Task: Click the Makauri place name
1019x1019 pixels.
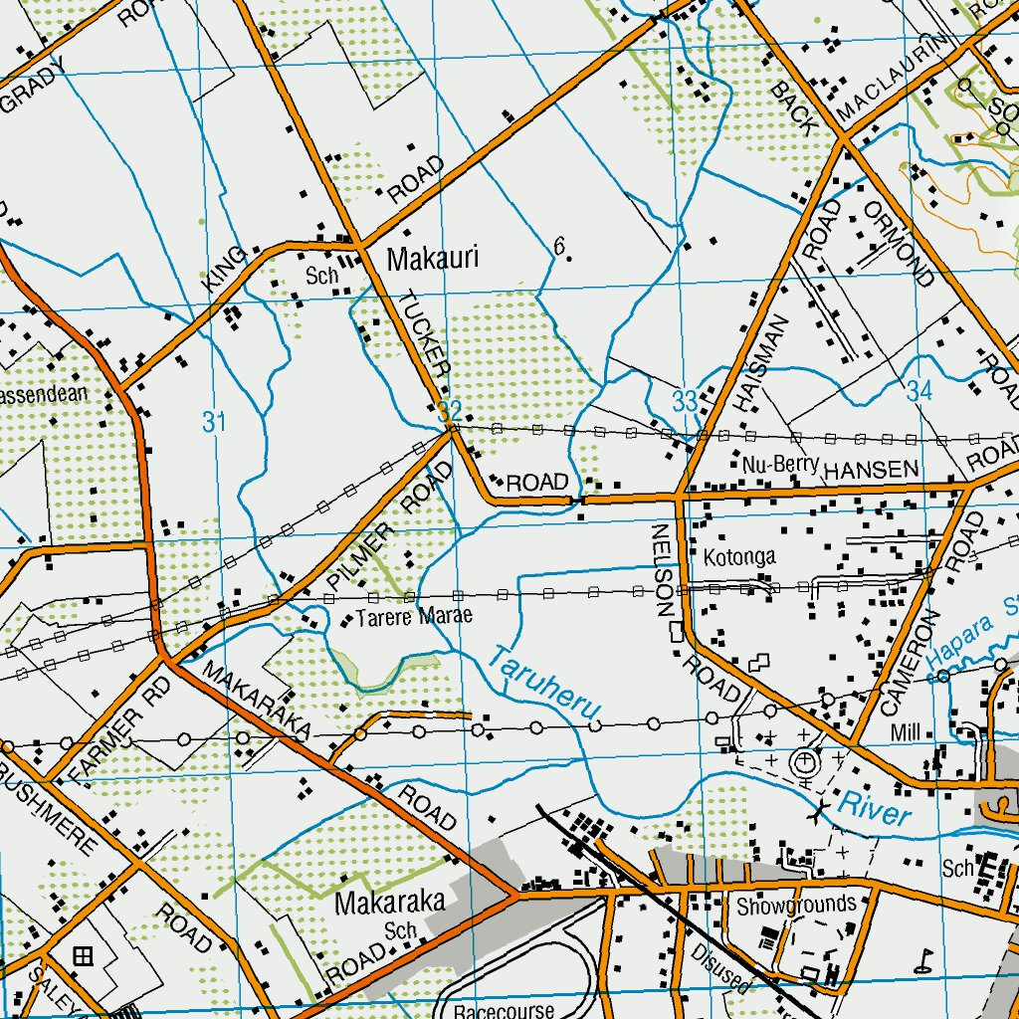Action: click(432, 259)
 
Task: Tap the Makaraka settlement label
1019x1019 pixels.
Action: click(389, 903)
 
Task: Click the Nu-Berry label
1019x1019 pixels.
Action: click(780, 464)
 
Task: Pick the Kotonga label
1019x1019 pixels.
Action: click(738, 556)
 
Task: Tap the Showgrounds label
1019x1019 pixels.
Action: click(796, 905)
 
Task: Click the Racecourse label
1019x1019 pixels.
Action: click(497, 1007)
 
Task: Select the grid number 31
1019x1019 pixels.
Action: click(214, 422)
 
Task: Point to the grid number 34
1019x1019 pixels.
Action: click(918, 392)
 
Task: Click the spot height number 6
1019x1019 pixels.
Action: click(559, 246)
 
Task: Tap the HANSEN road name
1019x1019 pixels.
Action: click(865, 469)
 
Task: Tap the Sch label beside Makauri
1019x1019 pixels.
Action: click(322, 276)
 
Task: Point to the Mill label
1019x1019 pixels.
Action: click(906, 733)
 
